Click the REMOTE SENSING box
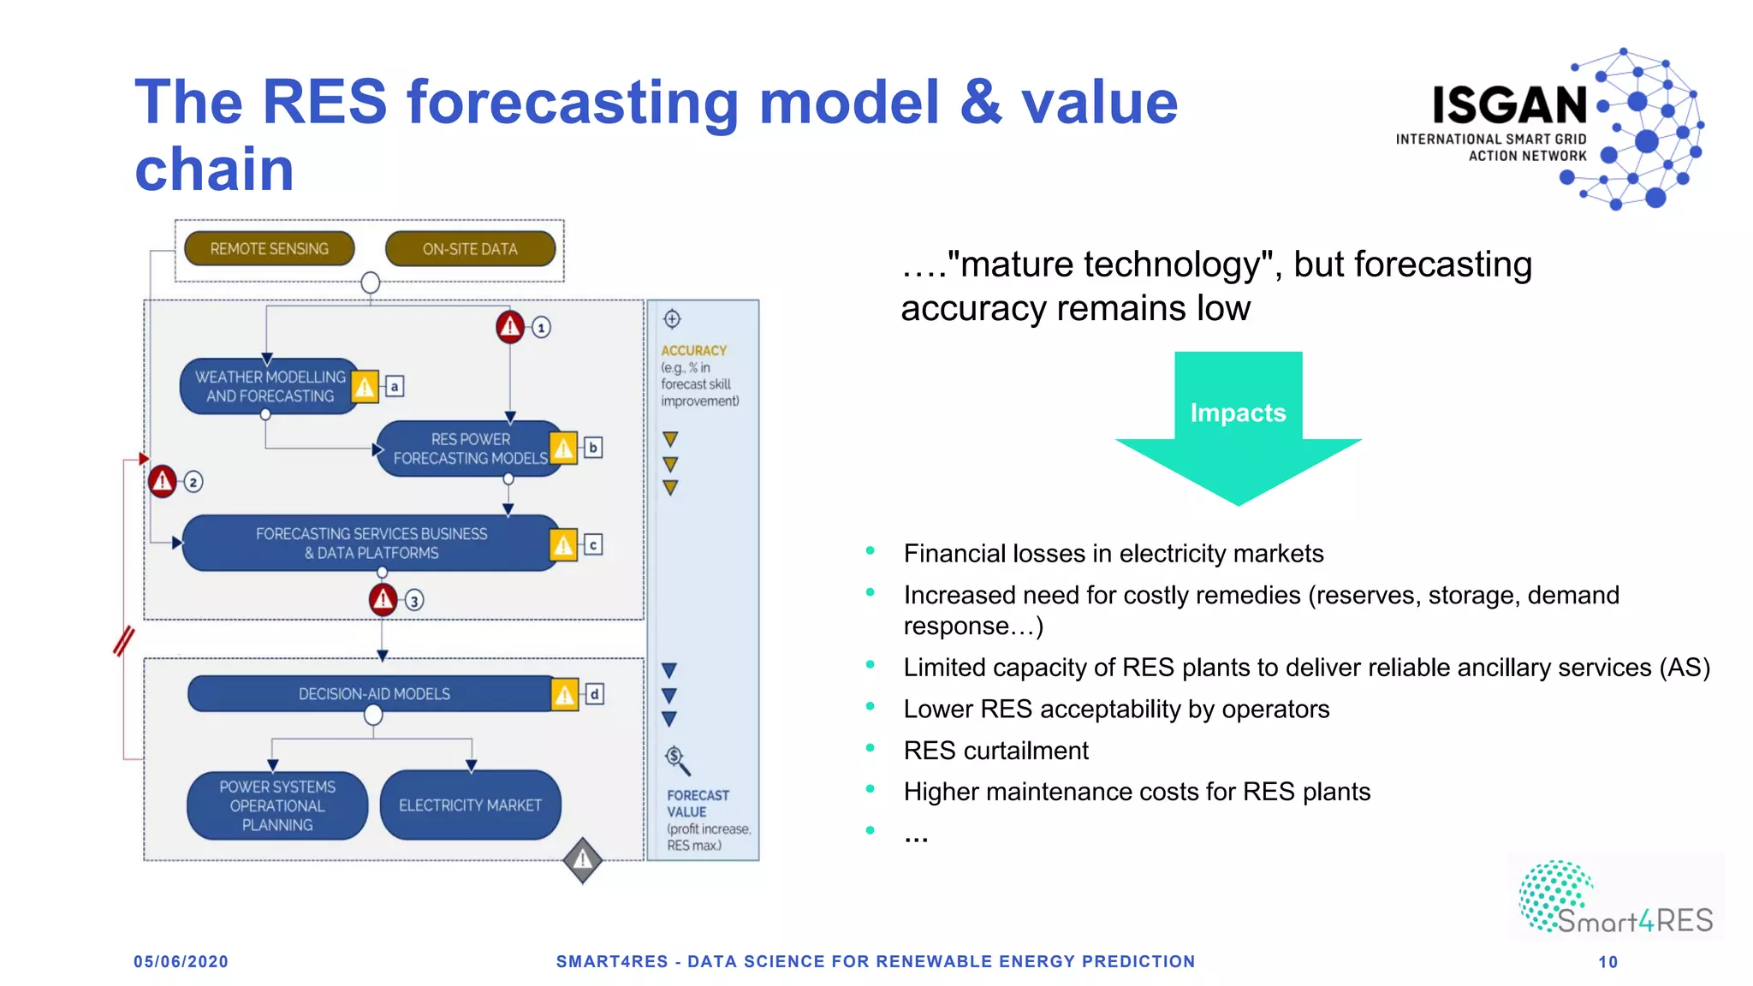(269, 249)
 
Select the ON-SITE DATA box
(470, 249)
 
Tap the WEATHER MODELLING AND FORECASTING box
(269, 386)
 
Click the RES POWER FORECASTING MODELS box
(469, 448)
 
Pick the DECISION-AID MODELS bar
(373, 694)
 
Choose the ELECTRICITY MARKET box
(470, 805)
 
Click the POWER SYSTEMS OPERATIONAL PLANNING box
(277, 805)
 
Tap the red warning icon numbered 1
(510, 326)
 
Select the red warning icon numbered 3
(383, 599)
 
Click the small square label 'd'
(594, 694)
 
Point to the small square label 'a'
(394, 387)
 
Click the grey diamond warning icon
(583, 859)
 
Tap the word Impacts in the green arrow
(1238, 413)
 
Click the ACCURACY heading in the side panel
(693, 351)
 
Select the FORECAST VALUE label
(698, 803)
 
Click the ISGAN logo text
(1509, 105)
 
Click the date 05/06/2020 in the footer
(181, 961)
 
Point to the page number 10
(1607, 962)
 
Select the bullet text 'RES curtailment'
(995, 751)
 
